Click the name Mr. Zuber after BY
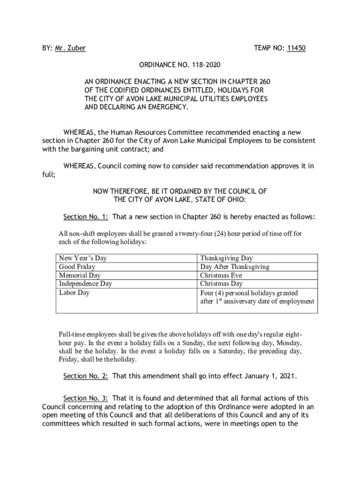[70, 48]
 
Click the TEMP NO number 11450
[296, 48]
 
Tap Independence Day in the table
[86, 283]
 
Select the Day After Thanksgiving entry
[235, 267]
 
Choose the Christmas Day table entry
[222, 283]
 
